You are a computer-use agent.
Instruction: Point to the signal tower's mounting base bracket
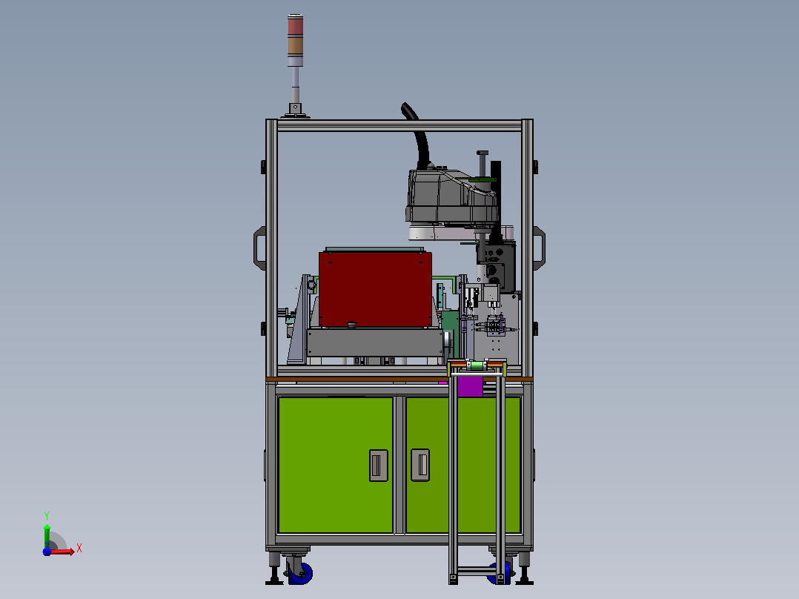tap(295, 110)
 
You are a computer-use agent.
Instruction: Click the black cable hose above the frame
tap(417, 135)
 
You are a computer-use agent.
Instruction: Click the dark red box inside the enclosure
tap(375, 289)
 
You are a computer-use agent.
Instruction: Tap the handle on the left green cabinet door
tap(378, 465)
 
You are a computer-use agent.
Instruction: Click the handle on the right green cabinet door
tap(420, 464)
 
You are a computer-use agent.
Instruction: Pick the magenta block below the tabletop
tap(469, 386)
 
